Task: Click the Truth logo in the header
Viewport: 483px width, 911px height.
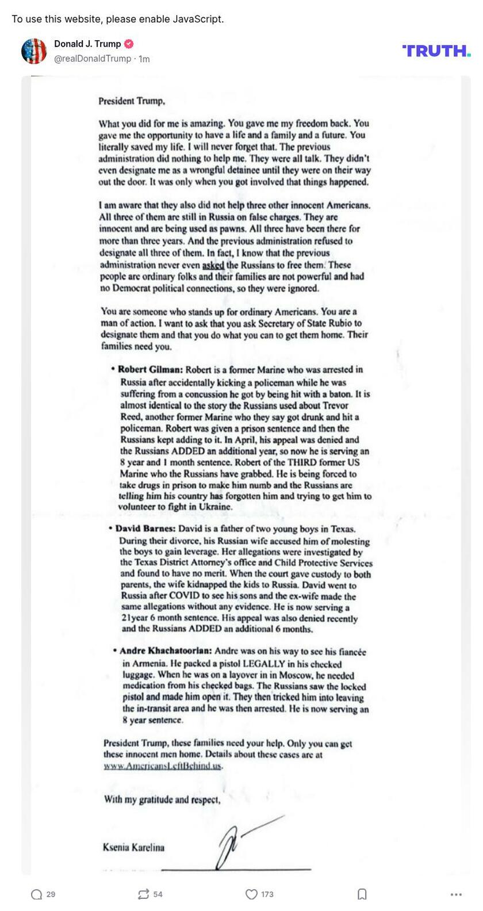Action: [436, 51]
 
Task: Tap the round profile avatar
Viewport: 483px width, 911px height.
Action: [34, 51]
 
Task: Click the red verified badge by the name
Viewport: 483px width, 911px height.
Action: [129, 44]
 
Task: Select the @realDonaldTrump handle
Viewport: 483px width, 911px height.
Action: [93, 59]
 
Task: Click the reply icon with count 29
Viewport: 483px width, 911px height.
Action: [37, 894]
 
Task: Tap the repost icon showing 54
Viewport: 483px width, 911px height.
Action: [143, 894]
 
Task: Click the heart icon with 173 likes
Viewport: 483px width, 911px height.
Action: [251, 894]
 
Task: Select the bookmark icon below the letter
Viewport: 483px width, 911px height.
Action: [362, 894]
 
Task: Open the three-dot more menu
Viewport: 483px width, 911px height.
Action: [456, 894]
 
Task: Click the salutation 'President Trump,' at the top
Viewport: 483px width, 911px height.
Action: [132, 101]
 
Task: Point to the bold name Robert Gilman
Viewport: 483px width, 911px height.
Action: [150, 370]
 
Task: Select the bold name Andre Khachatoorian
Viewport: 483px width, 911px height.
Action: [166, 651]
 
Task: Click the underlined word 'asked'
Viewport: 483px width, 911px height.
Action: [213, 265]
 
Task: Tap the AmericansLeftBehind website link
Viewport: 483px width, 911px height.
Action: [163, 766]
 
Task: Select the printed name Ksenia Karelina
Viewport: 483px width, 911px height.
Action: [133, 847]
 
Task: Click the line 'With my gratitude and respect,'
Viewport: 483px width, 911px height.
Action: [162, 799]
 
